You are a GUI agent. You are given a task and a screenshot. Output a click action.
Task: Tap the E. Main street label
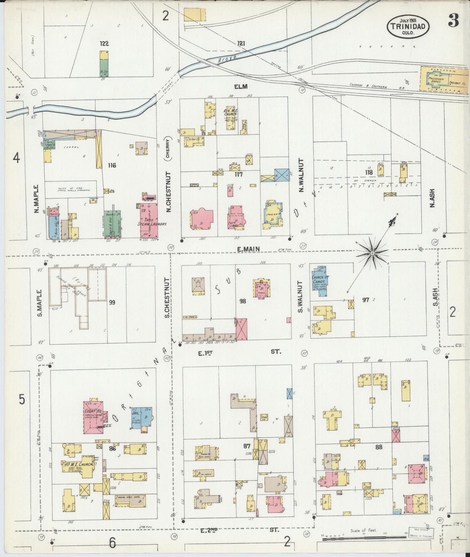tap(248, 249)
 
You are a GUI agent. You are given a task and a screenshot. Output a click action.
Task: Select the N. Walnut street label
tap(301, 175)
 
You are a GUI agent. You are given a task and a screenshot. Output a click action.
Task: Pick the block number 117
tap(239, 174)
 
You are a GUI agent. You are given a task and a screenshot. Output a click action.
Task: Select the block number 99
tap(112, 302)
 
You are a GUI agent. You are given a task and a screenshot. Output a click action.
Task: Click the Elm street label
tap(240, 86)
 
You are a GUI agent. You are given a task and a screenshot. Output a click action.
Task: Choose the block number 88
tap(379, 447)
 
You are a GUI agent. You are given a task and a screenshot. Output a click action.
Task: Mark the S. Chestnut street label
tap(167, 297)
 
